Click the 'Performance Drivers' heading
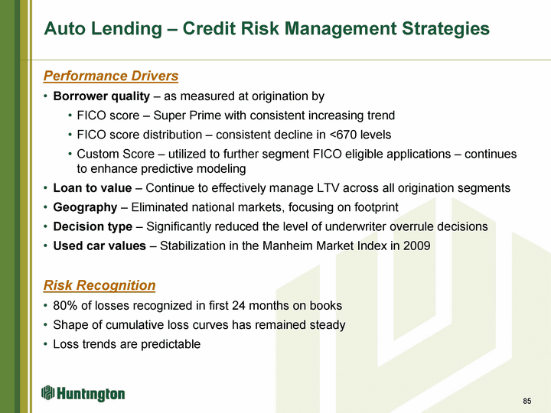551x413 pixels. click(x=111, y=76)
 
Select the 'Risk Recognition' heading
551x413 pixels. click(x=99, y=285)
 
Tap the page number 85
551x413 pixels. click(x=527, y=401)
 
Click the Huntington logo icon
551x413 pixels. click(x=47, y=392)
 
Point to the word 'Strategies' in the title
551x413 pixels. click(x=445, y=28)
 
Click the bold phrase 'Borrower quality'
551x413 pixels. click(x=102, y=96)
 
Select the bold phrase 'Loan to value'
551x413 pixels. click(x=93, y=188)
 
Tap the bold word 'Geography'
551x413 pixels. click(x=85, y=207)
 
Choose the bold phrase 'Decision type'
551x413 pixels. click(x=93, y=227)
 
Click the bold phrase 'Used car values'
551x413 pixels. click(x=99, y=246)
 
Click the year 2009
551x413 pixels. click(x=417, y=246)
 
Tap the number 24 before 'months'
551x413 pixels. click(x=239, y=305)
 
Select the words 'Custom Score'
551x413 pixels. click(x=116, y=154)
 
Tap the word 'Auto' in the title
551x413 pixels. click(x=64, y=28)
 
